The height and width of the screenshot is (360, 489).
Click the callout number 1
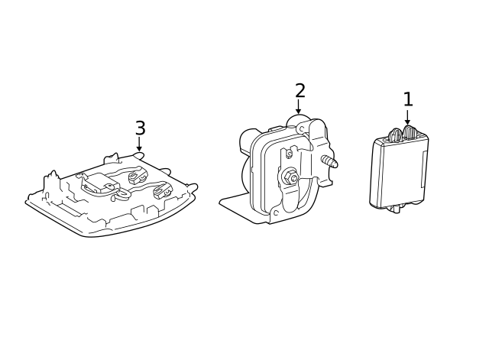pyautogui.click(x=408, y=99)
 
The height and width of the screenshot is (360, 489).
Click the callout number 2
pyautogui.click(x=300, y=91)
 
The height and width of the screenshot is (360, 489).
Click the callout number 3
pyautogui.click(x=140, y=128)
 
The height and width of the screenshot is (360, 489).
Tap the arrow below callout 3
pyautogui.click(x=139, y=144)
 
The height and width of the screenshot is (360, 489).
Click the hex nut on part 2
pyautogui.click(x=292, y=178)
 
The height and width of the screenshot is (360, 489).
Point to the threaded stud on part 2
pyautogui.click(x=329, y=162)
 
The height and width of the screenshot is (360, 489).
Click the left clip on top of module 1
pyautogui.click(x=395, y=135)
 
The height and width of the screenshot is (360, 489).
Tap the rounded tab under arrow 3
pyautogui.click(x=138, y=155)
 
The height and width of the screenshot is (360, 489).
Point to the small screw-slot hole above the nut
pyautogui.click(x=289, y=154)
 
